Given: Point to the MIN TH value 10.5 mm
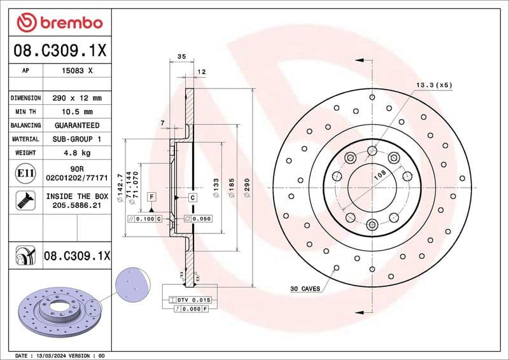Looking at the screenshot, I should point(78,111).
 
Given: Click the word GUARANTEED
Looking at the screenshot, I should point(76,125).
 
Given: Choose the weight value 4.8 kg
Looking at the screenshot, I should point(76,153).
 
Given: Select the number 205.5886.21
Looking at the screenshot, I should point(76,206).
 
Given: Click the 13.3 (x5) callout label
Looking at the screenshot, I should point(434,85).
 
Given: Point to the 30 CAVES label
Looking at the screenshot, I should point(305,289).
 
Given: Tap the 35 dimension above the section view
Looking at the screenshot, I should point(181,57).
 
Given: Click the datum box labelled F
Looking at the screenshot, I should point(151,197).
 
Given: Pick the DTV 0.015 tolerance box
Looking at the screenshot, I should point(194,299).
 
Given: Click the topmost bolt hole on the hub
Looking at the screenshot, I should point(372,151).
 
